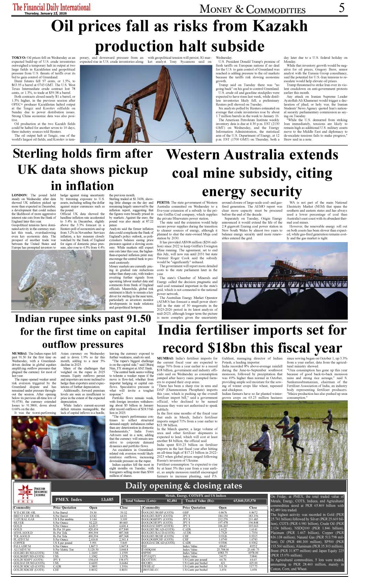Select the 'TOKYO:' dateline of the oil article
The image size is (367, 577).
pyautogui.click(x=19, y=58)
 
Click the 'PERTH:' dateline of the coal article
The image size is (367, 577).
pyautogui.click(x=164, y=202)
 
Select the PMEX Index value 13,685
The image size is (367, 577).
pyautogui.click(x=107, y=500)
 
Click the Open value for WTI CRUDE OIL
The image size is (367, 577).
pyautogui.click(x=93, y=513)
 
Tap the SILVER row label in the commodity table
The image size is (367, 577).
pyautogui.click(x=19, y=522)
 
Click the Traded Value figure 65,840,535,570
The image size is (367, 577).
pyautogui.click(x=244, y=501)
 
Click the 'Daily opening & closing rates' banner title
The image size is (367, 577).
pyautogui.click(x=183, y=486)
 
